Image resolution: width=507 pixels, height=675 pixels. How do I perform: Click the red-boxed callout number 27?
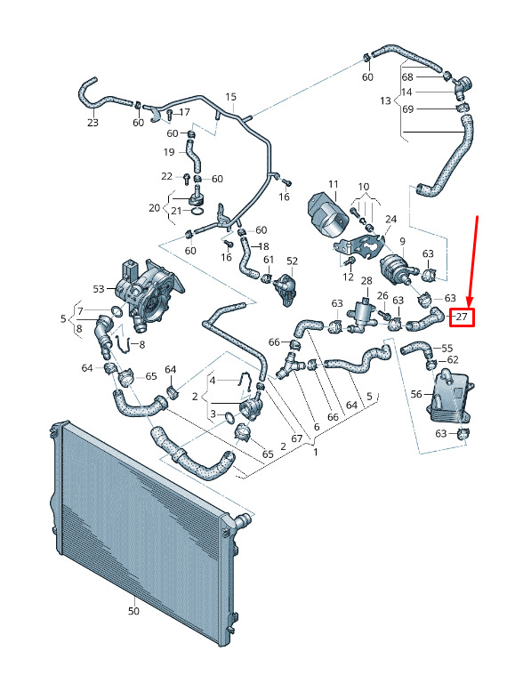[462, 317]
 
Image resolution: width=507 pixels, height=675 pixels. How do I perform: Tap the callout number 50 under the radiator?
[133, 611]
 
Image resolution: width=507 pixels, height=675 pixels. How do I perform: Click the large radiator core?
[142, 534]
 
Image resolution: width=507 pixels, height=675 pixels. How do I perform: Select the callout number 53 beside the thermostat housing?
[99, 288]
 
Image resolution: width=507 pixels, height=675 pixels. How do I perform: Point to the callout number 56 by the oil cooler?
[416, 394]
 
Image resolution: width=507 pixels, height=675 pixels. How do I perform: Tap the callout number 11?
[334, 185]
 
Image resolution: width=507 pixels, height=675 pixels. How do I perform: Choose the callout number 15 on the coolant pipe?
[230, 96]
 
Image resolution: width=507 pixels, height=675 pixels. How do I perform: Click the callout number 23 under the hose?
[93, 123]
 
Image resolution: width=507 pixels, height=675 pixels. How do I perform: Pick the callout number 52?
[292, 261]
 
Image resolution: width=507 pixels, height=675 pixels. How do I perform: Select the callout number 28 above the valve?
[366, 281]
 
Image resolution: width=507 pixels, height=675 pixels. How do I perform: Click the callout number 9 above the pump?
[402, 241]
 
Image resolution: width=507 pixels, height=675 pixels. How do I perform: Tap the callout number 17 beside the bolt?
[184, 112]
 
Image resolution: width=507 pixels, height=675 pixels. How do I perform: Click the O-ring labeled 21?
[197, 211]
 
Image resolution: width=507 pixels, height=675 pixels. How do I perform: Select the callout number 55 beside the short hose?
[447, 348]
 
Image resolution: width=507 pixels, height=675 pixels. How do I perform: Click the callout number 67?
[297, 438]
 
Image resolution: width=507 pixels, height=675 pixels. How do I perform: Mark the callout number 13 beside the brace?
[385, 100]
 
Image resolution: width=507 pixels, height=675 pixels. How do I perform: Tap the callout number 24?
[390, 220]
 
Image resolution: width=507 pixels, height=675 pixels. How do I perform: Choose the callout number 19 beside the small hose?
[169, 152]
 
